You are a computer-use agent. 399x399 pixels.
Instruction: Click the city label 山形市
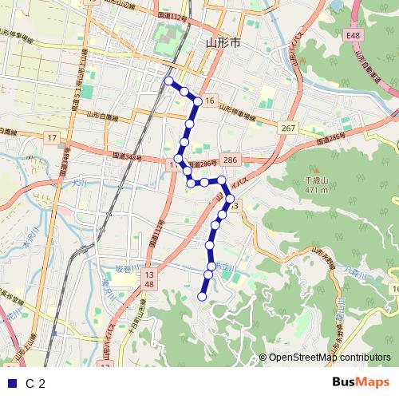coord(223,44)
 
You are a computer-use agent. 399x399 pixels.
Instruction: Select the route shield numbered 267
coord(288,128)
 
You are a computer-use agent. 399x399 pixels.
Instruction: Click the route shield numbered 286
coord(231,160)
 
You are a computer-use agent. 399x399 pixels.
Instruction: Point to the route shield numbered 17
coord(52,138)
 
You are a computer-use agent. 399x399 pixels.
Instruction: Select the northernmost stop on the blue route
coord(168,81)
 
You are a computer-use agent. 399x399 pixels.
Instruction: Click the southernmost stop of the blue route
coord(201,297)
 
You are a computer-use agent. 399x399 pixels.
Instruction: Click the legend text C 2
coord(35,384)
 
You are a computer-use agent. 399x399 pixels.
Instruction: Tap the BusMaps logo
coord(361,382)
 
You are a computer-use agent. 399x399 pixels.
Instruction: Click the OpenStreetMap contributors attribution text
coord(330,358)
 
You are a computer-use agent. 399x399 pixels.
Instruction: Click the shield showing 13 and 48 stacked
coord(148,279)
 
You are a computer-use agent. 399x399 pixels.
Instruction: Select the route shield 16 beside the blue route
coord(208,101)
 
